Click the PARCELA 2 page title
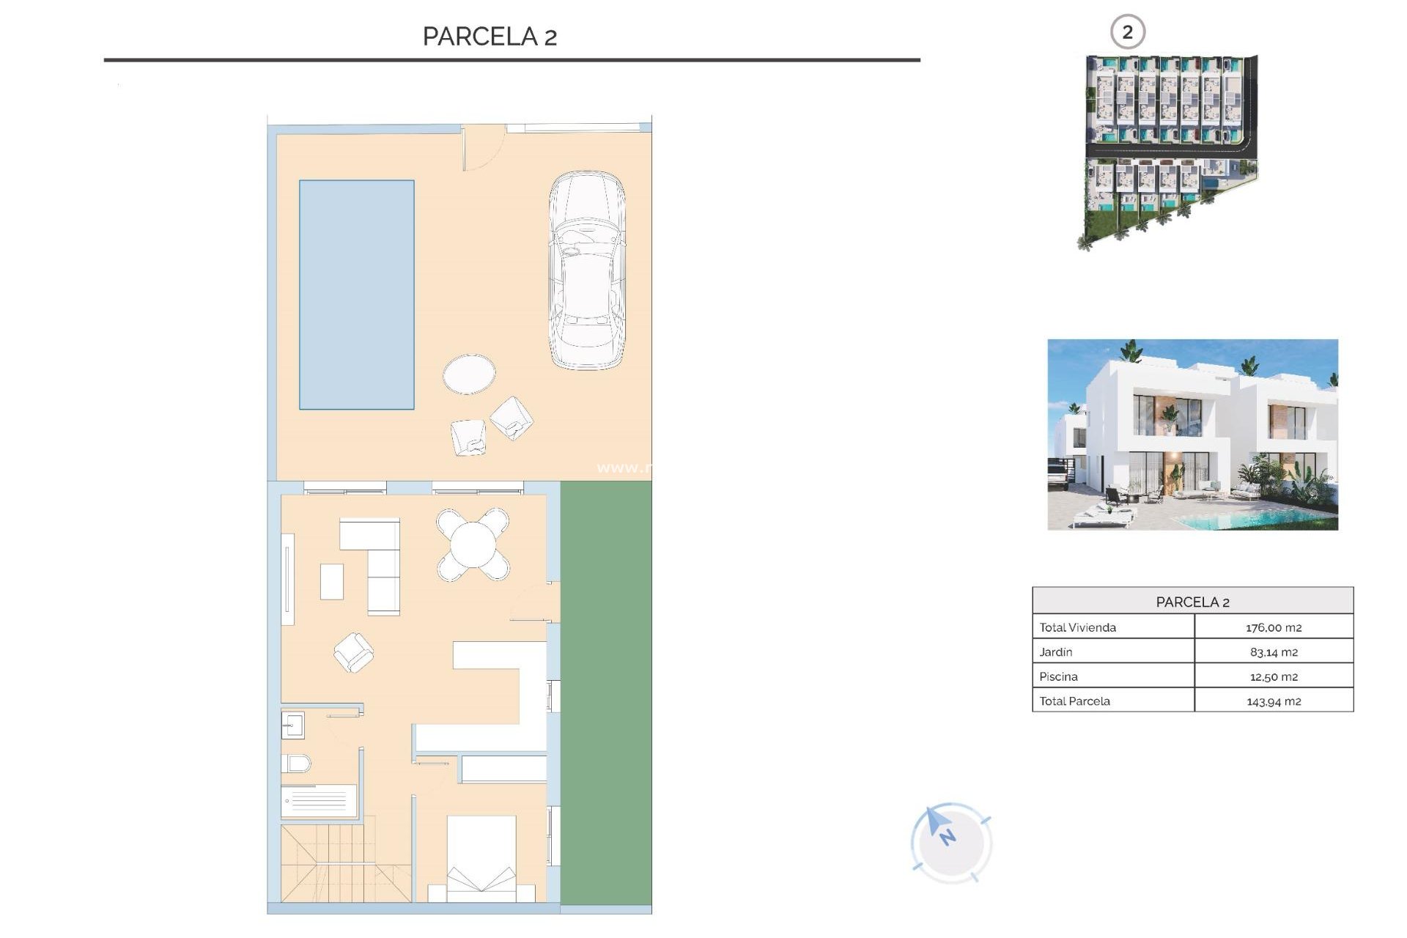(490, 37)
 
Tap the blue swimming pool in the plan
(356, 294)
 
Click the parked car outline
(587, 270)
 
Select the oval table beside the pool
(469, 374)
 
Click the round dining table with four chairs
(473, 544)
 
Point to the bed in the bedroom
(481, 857)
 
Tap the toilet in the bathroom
(296, 764)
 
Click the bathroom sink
(293, 725)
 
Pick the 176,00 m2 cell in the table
(1274, 627)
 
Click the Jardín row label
(1056, 651)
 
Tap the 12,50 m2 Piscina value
(1274, 676)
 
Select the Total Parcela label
(1074, 701)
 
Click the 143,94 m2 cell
(1274, 701)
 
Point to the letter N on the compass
(948, 836)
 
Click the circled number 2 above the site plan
(1127, 32)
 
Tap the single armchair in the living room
(353, 652)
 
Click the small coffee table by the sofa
(332, 581)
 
